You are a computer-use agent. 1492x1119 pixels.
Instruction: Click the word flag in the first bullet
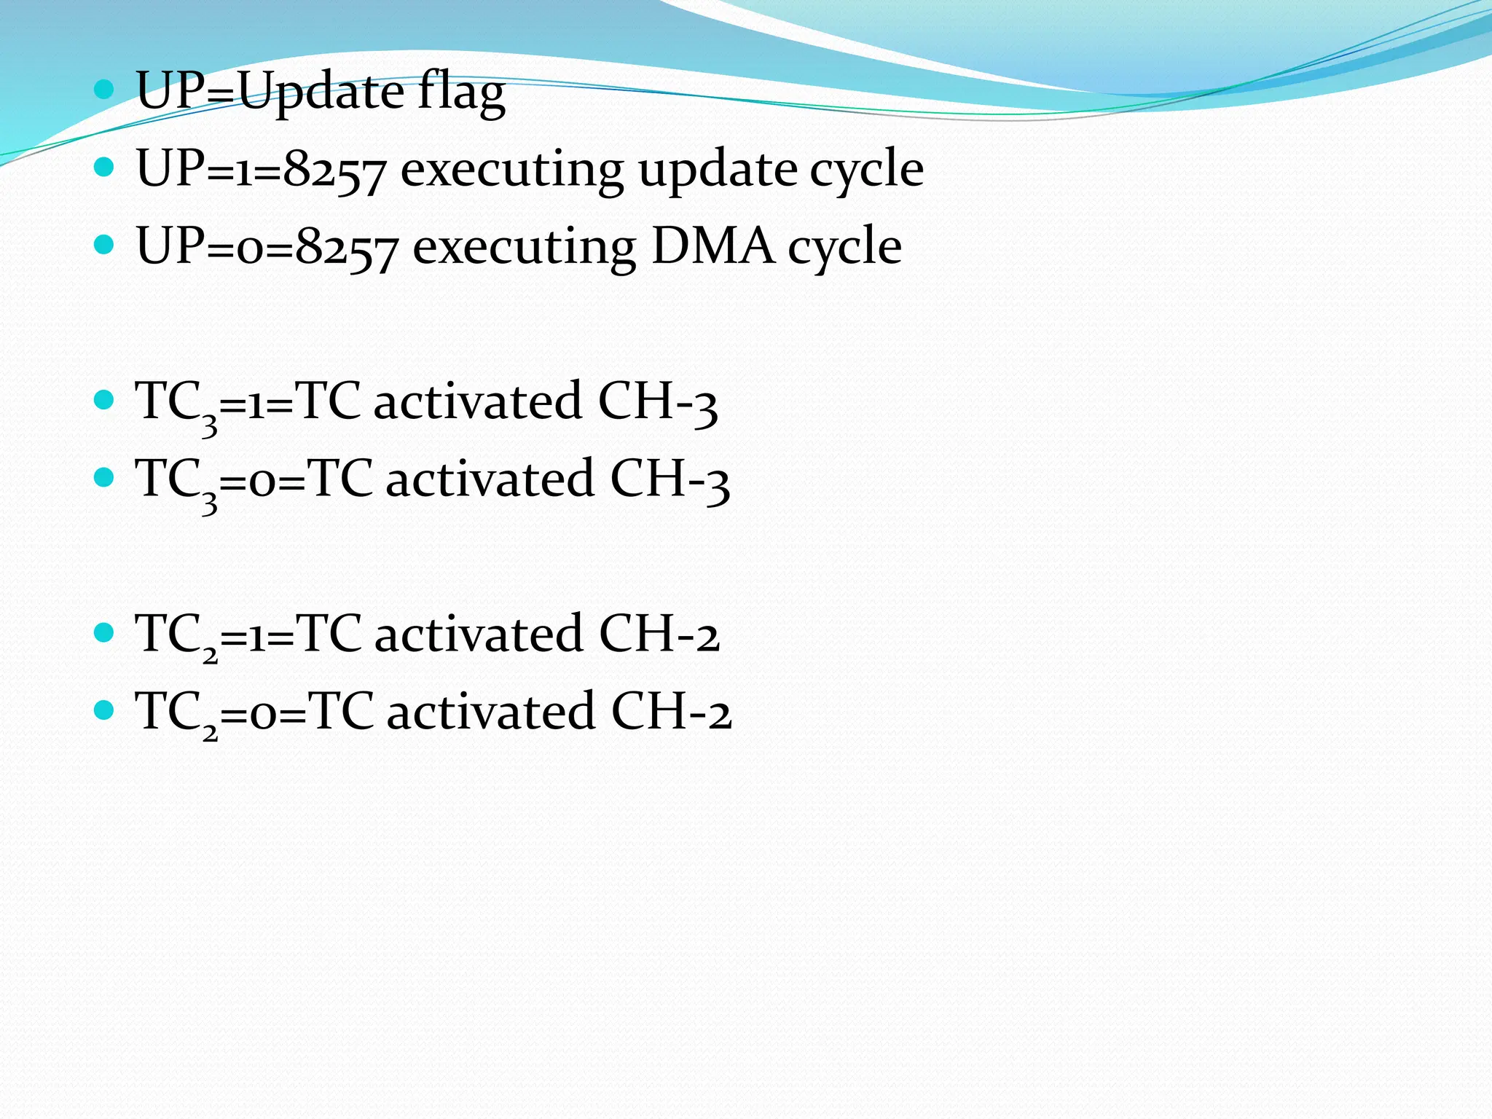(x=461, y=95)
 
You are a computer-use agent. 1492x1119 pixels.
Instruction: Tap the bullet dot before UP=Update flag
(x=105, y=90)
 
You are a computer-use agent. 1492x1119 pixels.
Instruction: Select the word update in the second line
(x=718, y=171)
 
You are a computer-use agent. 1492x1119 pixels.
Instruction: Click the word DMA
(x=712, y=246)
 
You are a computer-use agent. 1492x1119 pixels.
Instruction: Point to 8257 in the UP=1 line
(x=334, y=171)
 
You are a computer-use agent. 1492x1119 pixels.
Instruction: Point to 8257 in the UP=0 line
(x=347, y=248)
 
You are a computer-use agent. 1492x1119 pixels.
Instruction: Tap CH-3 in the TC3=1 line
(x=657, y=402)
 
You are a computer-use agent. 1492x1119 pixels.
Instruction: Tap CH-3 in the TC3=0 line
(x=670, y=480)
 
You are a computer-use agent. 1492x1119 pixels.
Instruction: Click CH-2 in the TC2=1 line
(x=659, y=634)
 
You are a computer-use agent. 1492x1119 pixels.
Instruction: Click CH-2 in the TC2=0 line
(x=671, y=712)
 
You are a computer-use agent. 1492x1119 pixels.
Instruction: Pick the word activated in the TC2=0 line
(x=490, y=712)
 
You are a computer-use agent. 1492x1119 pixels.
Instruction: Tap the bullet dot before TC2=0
(x=105, y=710)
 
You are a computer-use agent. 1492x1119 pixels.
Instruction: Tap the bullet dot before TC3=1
(x=105, y=400)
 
